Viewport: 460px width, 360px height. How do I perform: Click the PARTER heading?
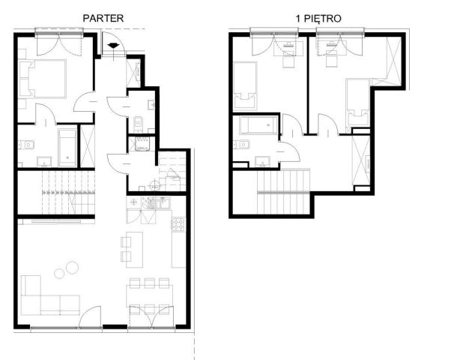(103, 18)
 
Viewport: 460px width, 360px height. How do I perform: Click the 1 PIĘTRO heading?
(318, 19)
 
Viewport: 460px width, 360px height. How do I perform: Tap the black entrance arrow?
(114, 46)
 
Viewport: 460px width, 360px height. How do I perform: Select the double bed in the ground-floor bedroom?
(42, 79)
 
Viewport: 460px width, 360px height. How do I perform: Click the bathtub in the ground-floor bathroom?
(67, 148)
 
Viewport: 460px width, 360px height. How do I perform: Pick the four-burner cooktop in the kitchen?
(178, 224)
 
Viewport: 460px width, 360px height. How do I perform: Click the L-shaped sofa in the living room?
(50, 295)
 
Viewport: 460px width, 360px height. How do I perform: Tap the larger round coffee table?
(72, 267)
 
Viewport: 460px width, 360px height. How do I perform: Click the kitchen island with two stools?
(134, 250)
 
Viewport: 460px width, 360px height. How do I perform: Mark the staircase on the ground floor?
(68, 193)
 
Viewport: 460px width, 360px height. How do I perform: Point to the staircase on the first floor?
(283, 192)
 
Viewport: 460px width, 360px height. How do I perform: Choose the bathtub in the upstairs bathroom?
(258, 125)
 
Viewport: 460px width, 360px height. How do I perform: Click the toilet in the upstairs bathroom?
(242, 145)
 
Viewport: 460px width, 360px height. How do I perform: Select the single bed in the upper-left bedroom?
(245, 85)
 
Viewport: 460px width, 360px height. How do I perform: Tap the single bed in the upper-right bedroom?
(357, 103)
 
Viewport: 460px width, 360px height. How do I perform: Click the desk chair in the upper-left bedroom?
(288, 61)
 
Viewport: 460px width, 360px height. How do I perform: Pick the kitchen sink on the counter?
(164, 203)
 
